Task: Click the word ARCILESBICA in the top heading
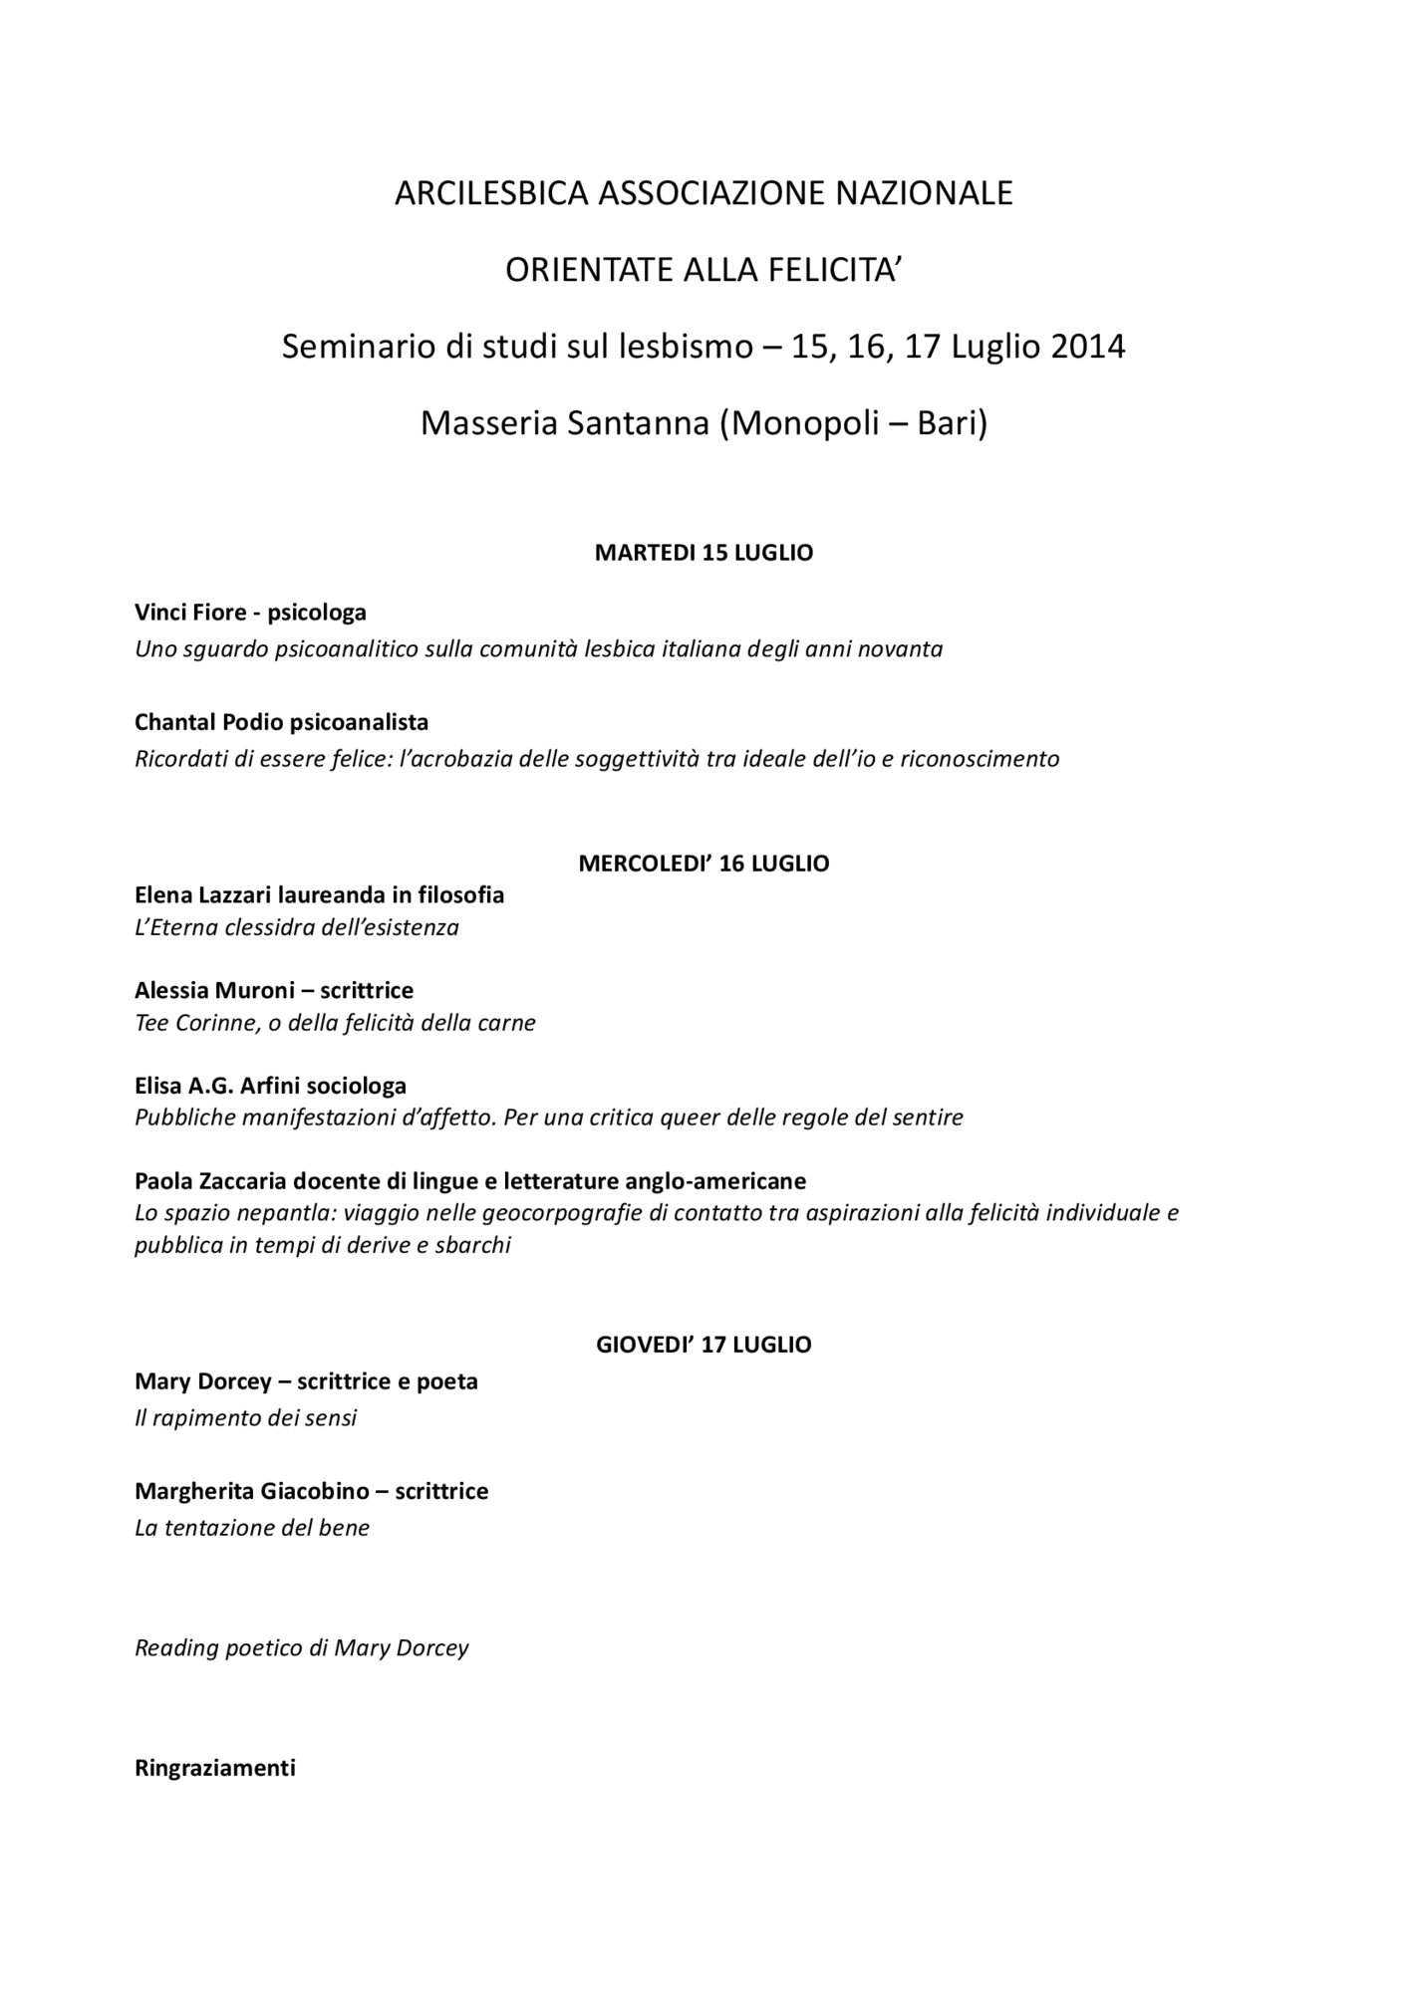(x=491, y=193)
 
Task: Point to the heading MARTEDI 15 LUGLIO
(x=704, y=553)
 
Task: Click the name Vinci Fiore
(x=190, y=613)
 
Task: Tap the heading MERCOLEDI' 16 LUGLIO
(x=704, y=864)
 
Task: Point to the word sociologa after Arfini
(x=357, y=1086)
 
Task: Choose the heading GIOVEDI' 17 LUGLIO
(x=704, y=1345)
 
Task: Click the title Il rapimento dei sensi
(x=245, y=1417)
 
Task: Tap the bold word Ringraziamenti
(x=215, y=1768)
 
